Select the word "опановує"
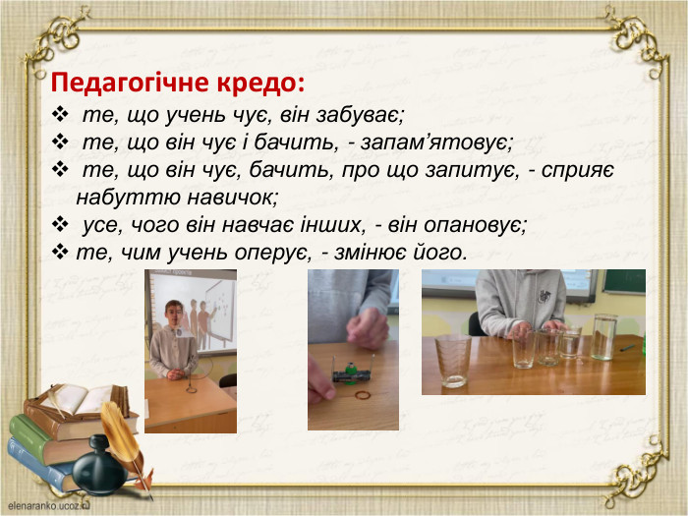[472, 224]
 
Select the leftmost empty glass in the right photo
[453, 359]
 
